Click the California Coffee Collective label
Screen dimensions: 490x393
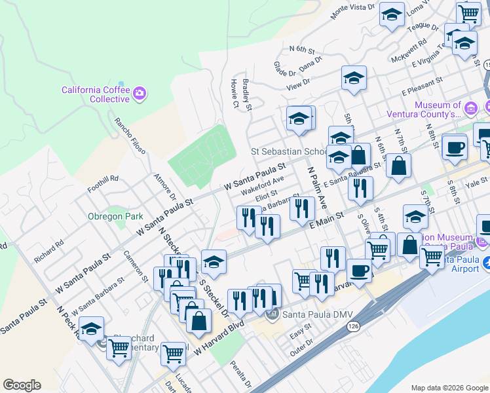[96, 94]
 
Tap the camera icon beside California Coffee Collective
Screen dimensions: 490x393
[139, 94]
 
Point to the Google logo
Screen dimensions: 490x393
[22, 385]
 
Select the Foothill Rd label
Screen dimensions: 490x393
[105, 178]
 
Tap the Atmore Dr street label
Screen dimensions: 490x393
[164, 187]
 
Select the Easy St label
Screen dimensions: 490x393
[301, 335]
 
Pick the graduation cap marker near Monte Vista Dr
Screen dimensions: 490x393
[392, 16]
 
